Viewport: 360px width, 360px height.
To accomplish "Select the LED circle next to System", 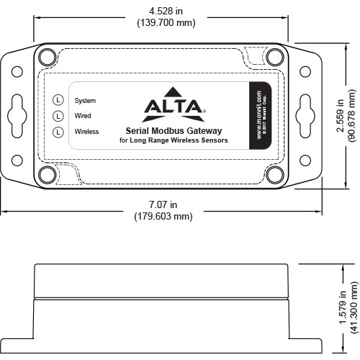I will tap(58, 100).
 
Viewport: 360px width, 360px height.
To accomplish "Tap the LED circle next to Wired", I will tap(58, 115).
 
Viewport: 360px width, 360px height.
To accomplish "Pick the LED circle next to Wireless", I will tap(58, 131).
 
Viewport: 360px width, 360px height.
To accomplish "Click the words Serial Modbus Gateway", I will tap(173, 131).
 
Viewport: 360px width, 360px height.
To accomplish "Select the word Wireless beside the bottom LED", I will tap(86, 131).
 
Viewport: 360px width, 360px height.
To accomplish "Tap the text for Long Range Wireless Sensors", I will tap(173, 140).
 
